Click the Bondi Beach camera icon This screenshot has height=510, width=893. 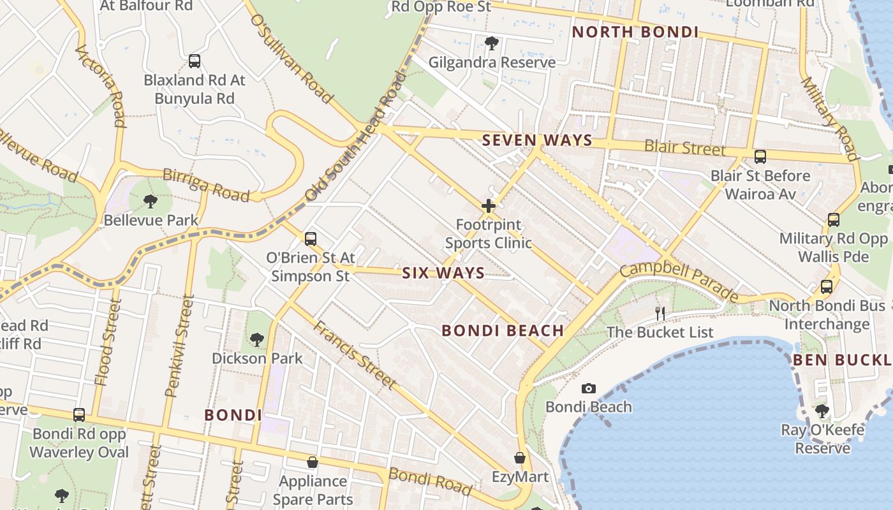tap(588, 388)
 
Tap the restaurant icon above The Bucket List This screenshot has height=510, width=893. tap(660, 313)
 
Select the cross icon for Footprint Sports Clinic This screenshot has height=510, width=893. tap(489, 206)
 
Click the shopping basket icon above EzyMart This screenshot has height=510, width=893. tap(520, 458)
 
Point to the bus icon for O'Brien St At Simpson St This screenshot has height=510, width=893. tap(311, 239)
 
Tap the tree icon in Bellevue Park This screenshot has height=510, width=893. tap(150, 201)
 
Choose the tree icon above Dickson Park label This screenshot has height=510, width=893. tap(257, 339)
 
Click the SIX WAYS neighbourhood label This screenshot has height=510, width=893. tap(443, 273)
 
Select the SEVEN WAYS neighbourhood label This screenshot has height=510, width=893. tap(537, 140)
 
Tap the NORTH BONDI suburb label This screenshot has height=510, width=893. tap(635, 32)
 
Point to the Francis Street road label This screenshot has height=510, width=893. tap(355, 354)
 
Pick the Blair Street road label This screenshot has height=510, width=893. tap(685, 147)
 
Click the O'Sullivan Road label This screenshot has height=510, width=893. tap(292, 59)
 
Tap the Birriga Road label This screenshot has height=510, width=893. tap(206, 184)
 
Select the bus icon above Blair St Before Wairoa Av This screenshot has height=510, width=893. tap(760, 156)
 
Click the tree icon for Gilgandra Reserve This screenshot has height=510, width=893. tap(491, 43)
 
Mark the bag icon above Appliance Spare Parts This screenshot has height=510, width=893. tap(313, 462)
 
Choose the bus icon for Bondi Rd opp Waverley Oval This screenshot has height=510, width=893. tap(79, 415)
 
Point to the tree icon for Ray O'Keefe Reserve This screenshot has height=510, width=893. tap(822, 411)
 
